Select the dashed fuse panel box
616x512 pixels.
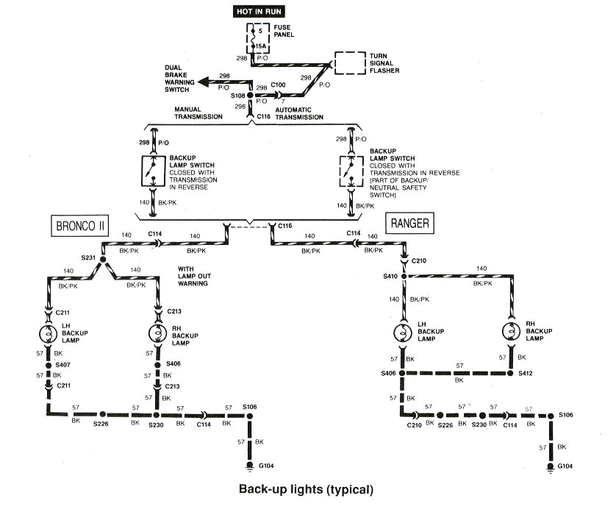tap(257, 38)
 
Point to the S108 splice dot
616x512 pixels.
tap(250, 96)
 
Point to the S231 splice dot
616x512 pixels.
tap(103, 260)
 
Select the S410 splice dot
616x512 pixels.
tap(403, 276)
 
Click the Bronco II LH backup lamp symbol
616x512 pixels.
tap(49, 333)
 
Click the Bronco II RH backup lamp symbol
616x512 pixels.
tap(157, 333)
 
